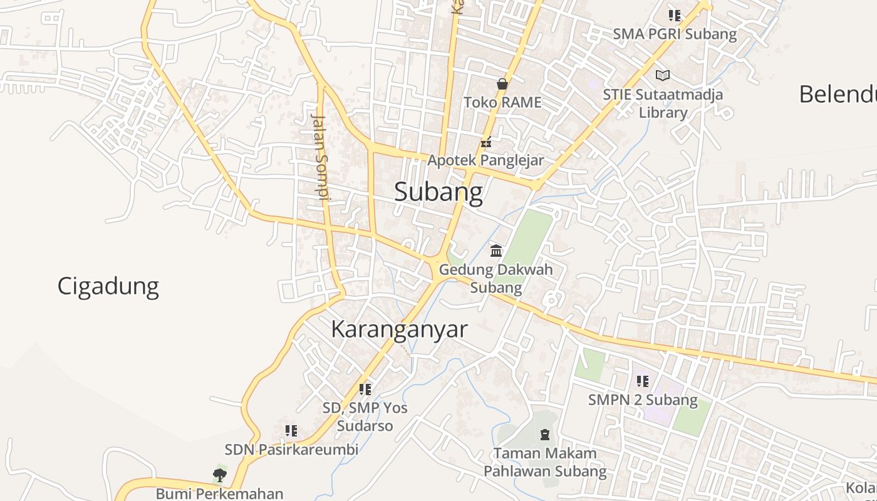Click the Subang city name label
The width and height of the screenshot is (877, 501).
[438, 192]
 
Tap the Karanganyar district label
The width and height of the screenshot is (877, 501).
[399, 329]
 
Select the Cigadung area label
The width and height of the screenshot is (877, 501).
[108, 286]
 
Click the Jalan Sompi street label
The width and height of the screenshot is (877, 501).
[320, 157]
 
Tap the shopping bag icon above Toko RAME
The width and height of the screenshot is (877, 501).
[502, 84]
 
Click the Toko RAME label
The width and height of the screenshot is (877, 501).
[502, 101]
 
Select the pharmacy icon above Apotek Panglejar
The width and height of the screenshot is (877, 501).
[485, 142]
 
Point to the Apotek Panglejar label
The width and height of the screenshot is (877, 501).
[485, 160]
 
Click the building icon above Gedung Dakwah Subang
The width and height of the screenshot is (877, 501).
[496, 251]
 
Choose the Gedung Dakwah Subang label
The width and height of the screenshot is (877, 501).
[496, 279]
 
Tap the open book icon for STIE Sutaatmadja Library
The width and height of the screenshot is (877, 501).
[663, 76]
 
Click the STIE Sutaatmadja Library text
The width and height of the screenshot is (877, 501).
[663, 104]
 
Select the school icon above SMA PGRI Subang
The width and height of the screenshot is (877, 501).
[674, 16]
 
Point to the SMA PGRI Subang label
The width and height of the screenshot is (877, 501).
[675, 34]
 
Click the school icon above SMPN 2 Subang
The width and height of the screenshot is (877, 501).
[642, 381]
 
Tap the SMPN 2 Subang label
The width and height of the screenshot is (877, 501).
[643, 400]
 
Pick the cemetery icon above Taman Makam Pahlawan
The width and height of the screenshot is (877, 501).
[545, 434]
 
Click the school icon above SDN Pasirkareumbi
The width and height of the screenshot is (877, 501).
[291, 431]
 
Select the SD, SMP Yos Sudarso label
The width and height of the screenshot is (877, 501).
[365, 417]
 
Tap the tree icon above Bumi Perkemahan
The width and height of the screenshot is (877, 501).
[219, 475]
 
